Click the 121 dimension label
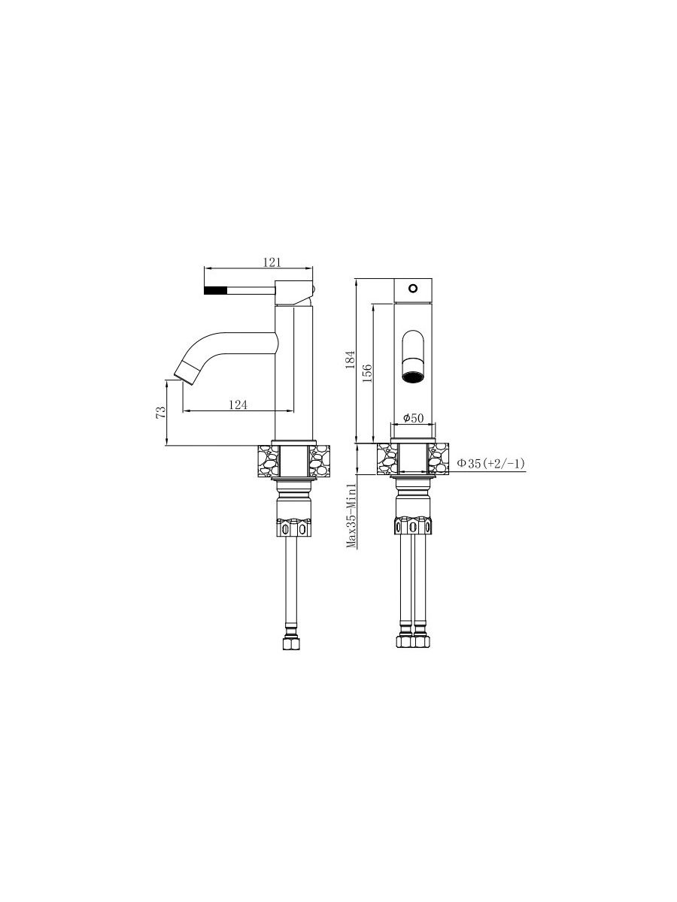[x=272, y=262]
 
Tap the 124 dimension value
[x=238, y=404]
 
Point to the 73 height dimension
[x=161, y=412]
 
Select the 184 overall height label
[x=350, y=359]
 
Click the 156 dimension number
[x=367, y=373]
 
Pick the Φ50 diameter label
[x=413, y=418]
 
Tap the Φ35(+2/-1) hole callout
[x=490, y=464]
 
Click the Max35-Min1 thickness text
[x=351, y=516]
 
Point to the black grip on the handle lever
[x=215, y=291]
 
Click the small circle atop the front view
[x=413, y=288]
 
